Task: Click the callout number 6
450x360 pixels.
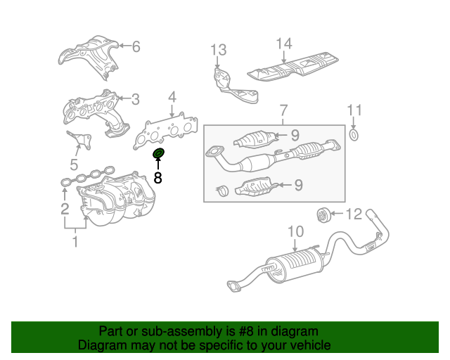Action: pos(136,47)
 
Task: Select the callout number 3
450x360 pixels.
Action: pos(135,99)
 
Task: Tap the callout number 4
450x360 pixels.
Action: pos(172,97)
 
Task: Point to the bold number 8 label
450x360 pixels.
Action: pos(157,178)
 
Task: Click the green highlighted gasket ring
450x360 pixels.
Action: pos(158,153)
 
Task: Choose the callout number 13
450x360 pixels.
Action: pos(219,50)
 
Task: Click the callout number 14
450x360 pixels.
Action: pos(283,44)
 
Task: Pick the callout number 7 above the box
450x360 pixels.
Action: pos(283,110)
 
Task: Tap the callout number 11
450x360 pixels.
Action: pos(355,110)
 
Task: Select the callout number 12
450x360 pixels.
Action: pos(353,213)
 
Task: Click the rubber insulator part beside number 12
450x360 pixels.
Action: pos(323,214)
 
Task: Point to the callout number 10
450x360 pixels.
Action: pos(295,231)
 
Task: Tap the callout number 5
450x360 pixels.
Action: pos(74,165)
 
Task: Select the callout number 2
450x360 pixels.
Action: pos(64,208)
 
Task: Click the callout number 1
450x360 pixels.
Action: pos(75,243)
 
